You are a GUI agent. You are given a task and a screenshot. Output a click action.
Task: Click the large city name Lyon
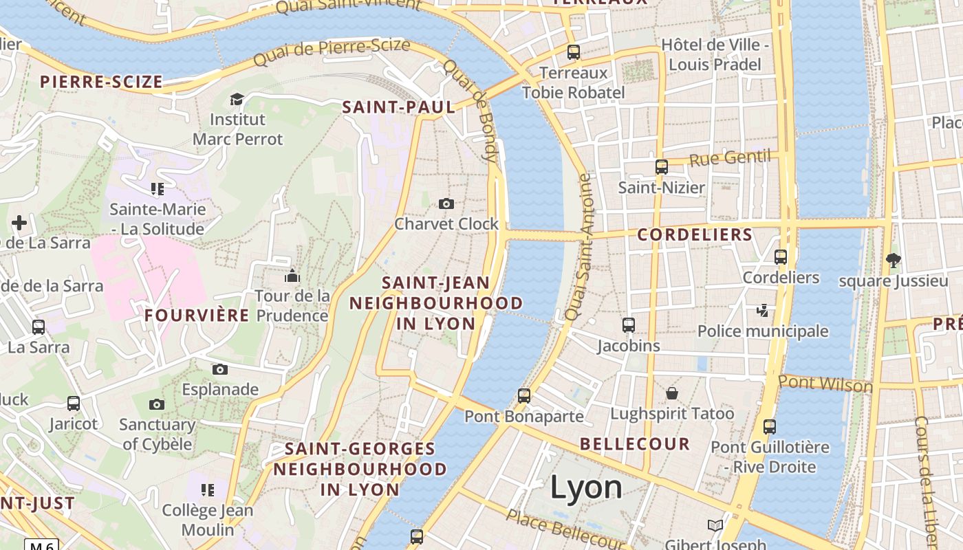tap(586, 487)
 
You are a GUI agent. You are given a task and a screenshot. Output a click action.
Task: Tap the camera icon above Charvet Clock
tap(446, 203)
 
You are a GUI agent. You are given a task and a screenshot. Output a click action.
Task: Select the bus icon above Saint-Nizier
tap(661, 166)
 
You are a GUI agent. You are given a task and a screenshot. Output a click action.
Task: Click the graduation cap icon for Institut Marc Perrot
tap(237, 99)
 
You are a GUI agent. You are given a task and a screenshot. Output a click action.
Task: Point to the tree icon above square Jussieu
tap(894, 260)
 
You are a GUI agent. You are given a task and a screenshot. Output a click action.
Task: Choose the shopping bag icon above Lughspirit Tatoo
tap(672, 393)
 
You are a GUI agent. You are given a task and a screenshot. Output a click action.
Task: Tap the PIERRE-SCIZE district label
tap(101, 82)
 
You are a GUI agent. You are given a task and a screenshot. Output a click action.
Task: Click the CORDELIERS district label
tap(695, 234)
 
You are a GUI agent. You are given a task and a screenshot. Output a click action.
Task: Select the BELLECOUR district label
tap(634, 443)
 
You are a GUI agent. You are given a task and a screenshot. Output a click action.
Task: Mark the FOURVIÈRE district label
tap(197, 316)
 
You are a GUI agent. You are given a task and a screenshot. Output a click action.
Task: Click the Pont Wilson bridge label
tap(825, 384)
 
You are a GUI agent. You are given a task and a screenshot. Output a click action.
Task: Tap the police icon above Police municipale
tap(762, 311)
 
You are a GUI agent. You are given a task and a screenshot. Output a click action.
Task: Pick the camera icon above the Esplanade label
tap(220, 369)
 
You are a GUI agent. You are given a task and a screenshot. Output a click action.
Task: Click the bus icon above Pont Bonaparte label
tap(524, 395)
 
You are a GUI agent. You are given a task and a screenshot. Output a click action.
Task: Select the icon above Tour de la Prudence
tap(292, 276)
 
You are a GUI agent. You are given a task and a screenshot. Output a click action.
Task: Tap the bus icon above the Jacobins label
tap(628, 325)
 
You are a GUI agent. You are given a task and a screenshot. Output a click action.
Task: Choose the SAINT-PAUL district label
tap(398, 107)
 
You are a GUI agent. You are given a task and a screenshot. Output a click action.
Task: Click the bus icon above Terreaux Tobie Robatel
tap(573, 52)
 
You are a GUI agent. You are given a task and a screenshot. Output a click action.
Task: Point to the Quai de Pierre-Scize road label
tap(332, 52)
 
